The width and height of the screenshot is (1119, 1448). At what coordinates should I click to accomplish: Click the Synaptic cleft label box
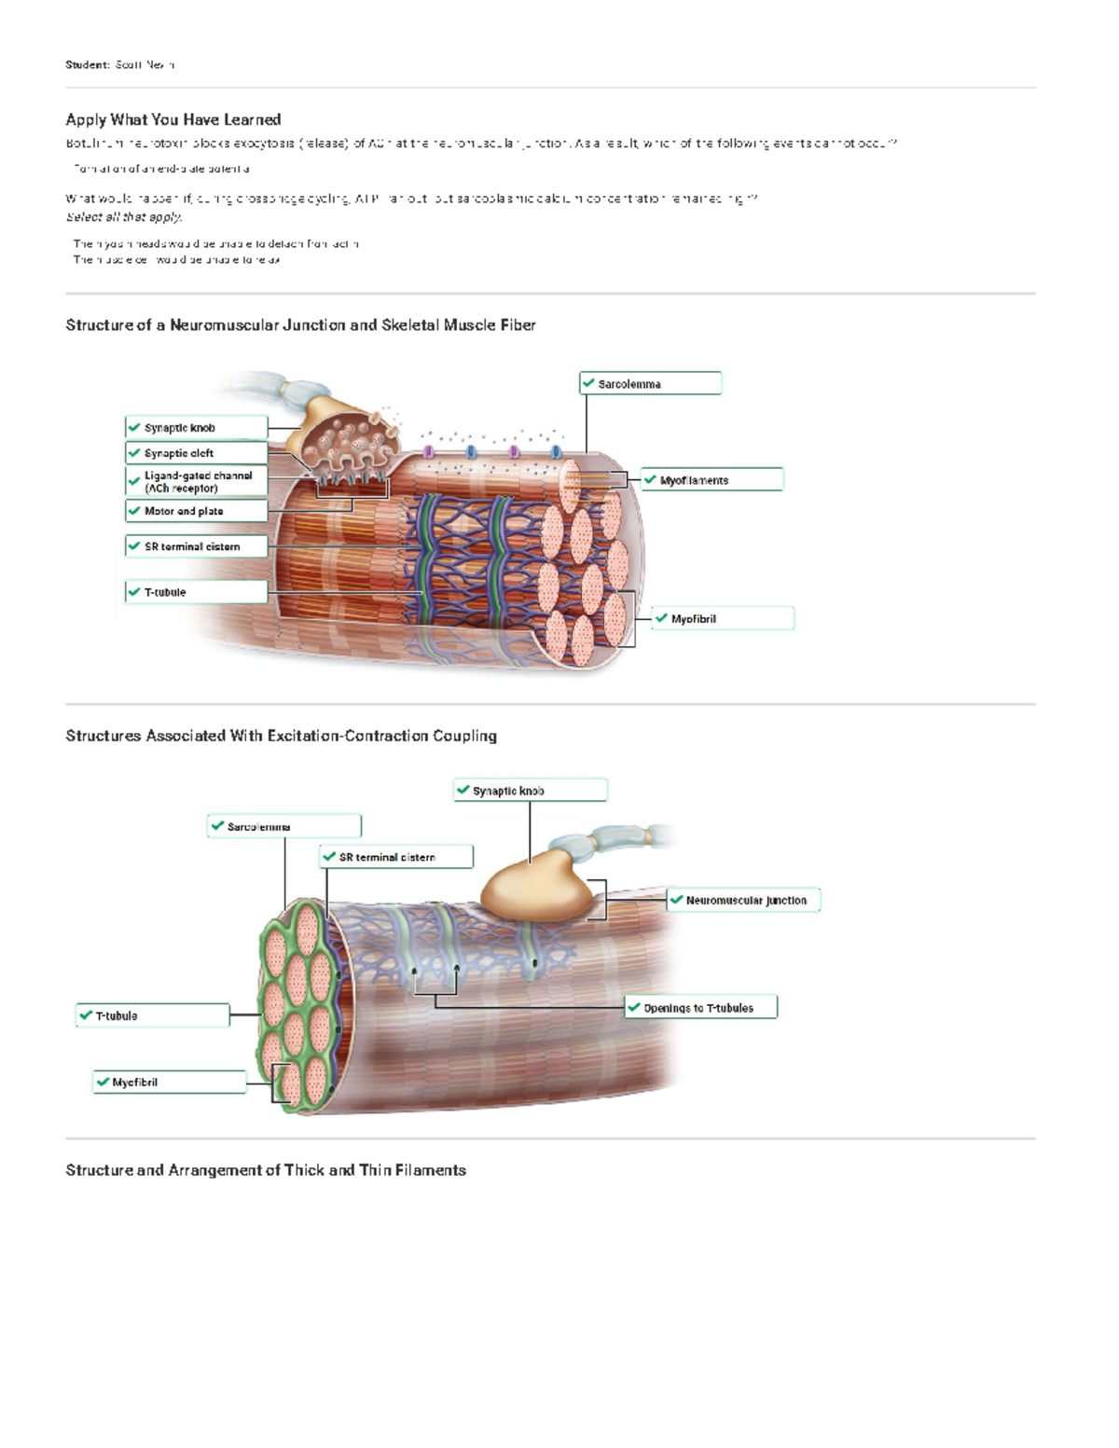[x=197, y=453]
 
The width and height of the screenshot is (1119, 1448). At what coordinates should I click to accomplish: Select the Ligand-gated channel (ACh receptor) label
[x=197, y=481]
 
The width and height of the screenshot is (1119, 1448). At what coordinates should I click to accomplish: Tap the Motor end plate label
[x=197, y=511]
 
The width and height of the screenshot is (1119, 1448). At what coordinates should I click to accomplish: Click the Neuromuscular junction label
[x=744, y=901]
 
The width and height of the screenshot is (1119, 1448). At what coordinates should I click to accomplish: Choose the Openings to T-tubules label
[x=700, y=1008]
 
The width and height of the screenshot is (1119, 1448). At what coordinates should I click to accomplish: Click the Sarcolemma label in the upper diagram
[x=650, y=383]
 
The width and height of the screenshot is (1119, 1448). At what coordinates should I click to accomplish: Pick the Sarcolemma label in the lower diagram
[x=283, y=826]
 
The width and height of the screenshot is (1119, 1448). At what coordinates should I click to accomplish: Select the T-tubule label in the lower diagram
[x=153, y=1015]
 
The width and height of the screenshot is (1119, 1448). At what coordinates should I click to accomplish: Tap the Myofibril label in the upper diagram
[x=723, y=618]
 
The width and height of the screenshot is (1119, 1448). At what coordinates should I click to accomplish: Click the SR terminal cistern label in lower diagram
[x=396, y=857]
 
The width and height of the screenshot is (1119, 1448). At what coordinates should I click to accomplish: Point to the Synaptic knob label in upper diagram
[x=197, y=428]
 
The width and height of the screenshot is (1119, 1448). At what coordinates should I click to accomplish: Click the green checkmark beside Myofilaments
[x=650, y=479]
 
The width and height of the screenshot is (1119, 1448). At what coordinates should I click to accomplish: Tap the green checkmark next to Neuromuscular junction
[x=676, y=900]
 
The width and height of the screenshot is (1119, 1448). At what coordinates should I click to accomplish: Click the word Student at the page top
[x=87, y=64]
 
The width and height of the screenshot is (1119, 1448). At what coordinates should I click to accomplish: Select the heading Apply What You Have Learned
[x=173, y=119]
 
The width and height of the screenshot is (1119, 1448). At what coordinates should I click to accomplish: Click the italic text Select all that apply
[x=123, y=216]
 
